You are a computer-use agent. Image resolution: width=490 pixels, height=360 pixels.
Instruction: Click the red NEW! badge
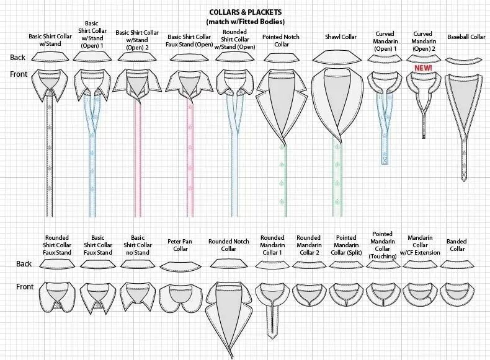tap(423, 67)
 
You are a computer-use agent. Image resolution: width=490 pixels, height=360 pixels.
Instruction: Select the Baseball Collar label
tap(466, 37)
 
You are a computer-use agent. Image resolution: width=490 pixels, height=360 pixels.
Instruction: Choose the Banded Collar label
tap(457, 245)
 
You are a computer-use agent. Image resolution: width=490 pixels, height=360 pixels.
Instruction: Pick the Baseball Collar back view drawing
tap(466, 60)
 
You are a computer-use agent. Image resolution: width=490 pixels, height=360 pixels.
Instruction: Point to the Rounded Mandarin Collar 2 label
tap(308, 245)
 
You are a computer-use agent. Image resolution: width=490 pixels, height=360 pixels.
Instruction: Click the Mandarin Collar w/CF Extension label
tap(424, 245)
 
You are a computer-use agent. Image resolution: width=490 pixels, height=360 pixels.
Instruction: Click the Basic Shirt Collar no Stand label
tap(136, 245)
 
